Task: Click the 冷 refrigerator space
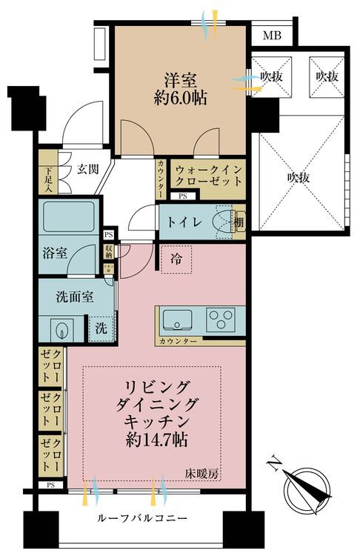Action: tap(176, 259)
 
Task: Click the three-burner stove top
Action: tap(221, 320)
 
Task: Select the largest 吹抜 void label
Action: tap(299, 177)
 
